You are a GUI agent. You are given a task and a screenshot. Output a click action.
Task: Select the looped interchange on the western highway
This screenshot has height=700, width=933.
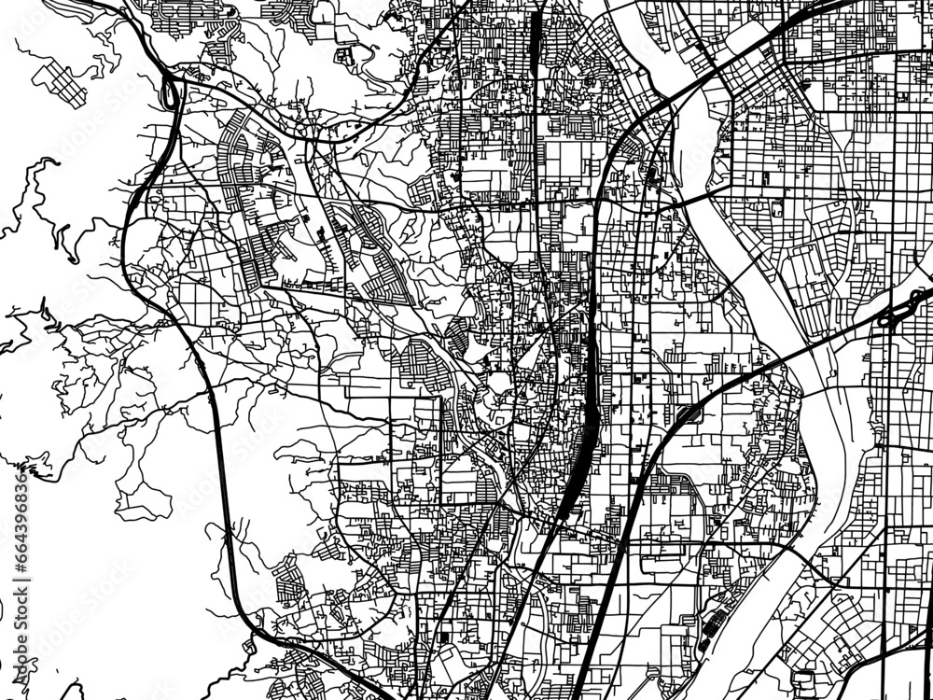click(x=171, y=91)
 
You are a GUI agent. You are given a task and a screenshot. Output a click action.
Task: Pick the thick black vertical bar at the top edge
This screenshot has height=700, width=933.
click(x=535, y=37)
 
